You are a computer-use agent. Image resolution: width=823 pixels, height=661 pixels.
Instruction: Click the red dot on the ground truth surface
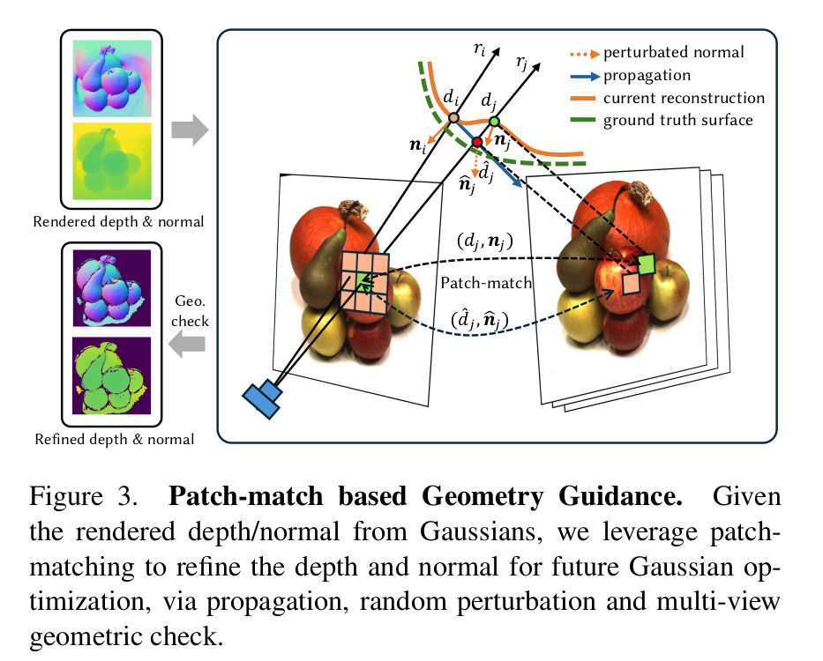coord(477,142)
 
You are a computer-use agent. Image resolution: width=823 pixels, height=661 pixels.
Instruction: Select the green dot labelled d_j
coord(494,121)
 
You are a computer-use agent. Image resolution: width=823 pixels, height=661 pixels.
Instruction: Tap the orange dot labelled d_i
coord(453,117)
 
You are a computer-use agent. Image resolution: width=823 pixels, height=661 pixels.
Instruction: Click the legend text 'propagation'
coord(647,76)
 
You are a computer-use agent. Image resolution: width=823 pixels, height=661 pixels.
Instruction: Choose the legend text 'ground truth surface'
coord(677,119)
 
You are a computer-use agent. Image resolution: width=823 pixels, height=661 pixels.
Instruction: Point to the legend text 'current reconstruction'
coord(684,97)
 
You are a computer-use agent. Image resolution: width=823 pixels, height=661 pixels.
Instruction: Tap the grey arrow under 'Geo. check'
coord(188,345)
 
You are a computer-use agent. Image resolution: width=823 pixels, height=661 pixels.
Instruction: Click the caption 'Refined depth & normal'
coord(115,438)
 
